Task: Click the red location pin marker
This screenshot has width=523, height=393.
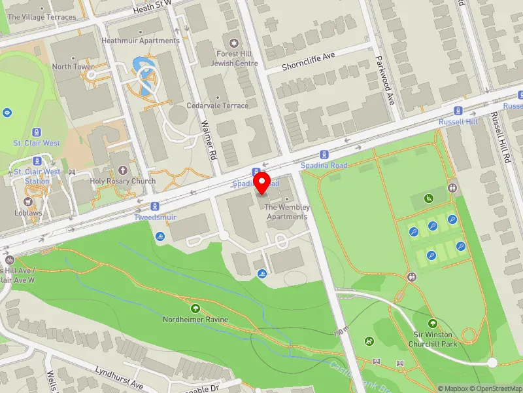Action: (261, 183)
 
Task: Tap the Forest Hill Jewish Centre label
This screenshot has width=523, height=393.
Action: (235, 59)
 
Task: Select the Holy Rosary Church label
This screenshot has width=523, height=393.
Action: (123, 181)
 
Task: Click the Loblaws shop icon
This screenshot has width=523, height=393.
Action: (28, 202)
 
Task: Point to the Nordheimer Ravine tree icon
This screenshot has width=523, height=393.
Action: (195, 308)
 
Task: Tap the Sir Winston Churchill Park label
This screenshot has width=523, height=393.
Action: (431, 339)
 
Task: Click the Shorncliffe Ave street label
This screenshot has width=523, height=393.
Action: (308, 61)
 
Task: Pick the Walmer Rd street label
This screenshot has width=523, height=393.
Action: (209, 140)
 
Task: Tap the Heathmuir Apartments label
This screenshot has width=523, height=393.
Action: (140, 41)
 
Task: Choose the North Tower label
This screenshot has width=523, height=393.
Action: (73, 67)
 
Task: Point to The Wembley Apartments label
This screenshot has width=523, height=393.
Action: (287, 212)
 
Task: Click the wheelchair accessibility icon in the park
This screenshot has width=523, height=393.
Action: (430, 198)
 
